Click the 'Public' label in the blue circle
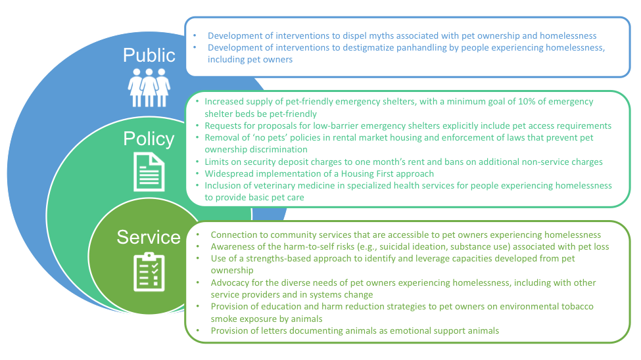pos(149,55)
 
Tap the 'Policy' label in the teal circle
pos(149,139)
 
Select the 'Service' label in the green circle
pos(149,237)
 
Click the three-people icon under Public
pos(149,87)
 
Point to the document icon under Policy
pos(149,171)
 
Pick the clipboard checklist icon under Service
pos(149,272)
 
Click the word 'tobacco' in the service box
pos(578,307)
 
